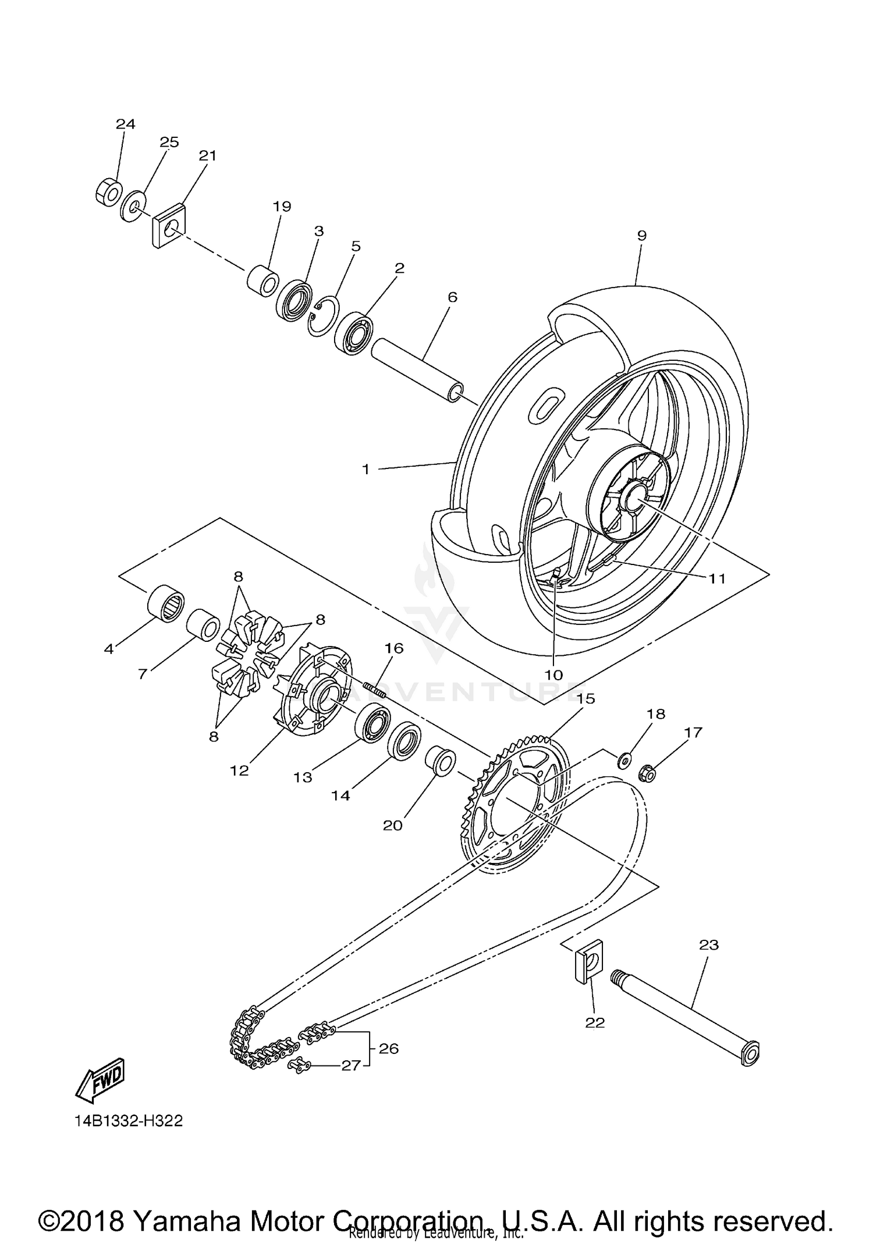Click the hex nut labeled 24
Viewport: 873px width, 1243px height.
(x=108, y=192)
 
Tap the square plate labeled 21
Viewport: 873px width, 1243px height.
(x=169, y=226)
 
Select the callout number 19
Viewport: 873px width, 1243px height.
(x=282, y=206)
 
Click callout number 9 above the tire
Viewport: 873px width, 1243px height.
(x=641, y=236)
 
